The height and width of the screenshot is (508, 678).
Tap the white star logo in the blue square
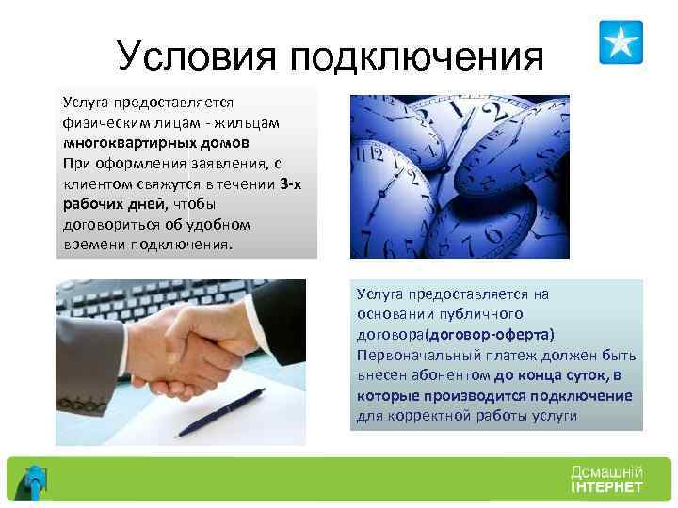click(621, 42)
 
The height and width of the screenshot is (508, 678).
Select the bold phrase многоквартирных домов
click(156, 143)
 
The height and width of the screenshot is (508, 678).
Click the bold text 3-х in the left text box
click(290, 183)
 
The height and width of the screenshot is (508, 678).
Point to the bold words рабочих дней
click(112, 204)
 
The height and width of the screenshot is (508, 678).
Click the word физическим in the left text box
click(103, 122)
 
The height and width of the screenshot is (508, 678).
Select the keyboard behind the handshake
click(141, 301)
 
